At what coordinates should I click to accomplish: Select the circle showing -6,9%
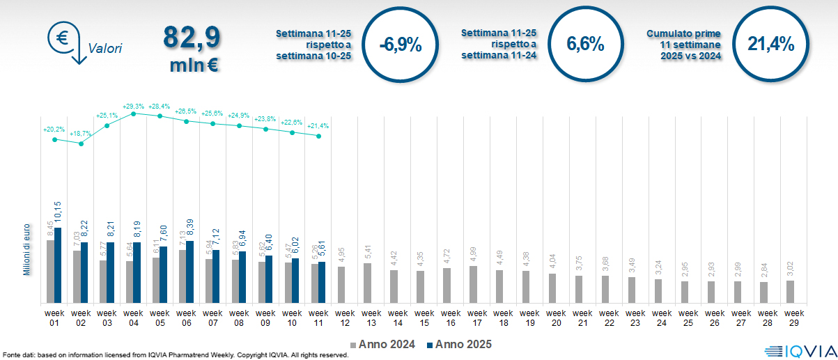click(401, 45)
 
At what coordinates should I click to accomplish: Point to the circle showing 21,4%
click(771, 45)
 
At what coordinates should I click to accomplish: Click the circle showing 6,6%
click(585, 45)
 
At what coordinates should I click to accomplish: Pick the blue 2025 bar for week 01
click(58, 265)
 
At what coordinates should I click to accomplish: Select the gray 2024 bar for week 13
click(368, 283)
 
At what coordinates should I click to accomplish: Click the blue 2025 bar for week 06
click(190, 272)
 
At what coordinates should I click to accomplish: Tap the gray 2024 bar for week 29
click(790, 292)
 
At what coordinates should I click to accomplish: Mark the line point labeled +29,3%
click(134, 113)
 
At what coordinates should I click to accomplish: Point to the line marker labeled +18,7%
click(81, 143)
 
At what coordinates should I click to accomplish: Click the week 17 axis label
click(477, 318)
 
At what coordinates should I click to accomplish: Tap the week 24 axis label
click(662, 318)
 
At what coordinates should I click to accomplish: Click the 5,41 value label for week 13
click(368, 251)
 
